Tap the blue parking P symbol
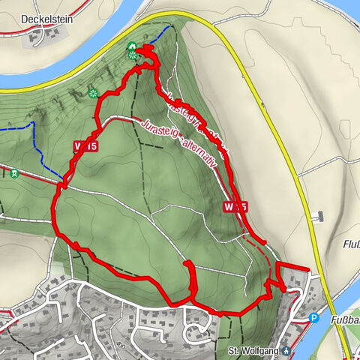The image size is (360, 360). click(314, 318)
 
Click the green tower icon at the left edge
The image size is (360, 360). click(13, 174)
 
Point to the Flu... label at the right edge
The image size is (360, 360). click(350, 244)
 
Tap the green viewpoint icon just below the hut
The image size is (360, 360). click(133, 55)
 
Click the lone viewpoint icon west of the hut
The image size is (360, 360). click(94, 94)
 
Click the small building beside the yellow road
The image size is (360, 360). click(320, 217)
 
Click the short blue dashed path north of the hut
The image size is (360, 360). click(159, 34)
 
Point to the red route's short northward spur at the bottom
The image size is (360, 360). click(190, 277)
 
